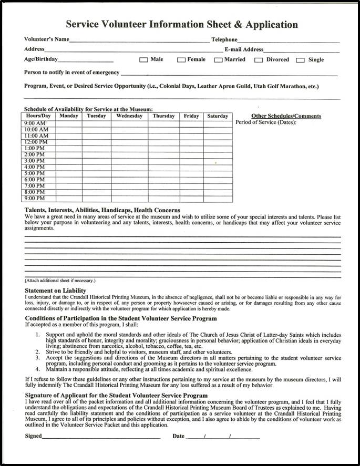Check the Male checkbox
click(143, 60)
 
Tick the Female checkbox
click(181, 60)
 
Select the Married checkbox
click(218, 60)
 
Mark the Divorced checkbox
click(259, 60)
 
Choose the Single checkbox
click(300, 60)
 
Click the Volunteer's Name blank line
click(139, 40)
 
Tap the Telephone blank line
click(289, 40)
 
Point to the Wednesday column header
click(129, 116)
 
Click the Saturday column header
click(218, 116)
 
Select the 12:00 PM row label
click(36, 142)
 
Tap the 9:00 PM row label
click(35, 199)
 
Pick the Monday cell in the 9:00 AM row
click(69, 123)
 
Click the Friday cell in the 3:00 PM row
click(191, 161)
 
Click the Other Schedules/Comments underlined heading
click(286, 116)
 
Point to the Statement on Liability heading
click(55, 291)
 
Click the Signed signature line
click(101, 437)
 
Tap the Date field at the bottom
click(223, 437)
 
